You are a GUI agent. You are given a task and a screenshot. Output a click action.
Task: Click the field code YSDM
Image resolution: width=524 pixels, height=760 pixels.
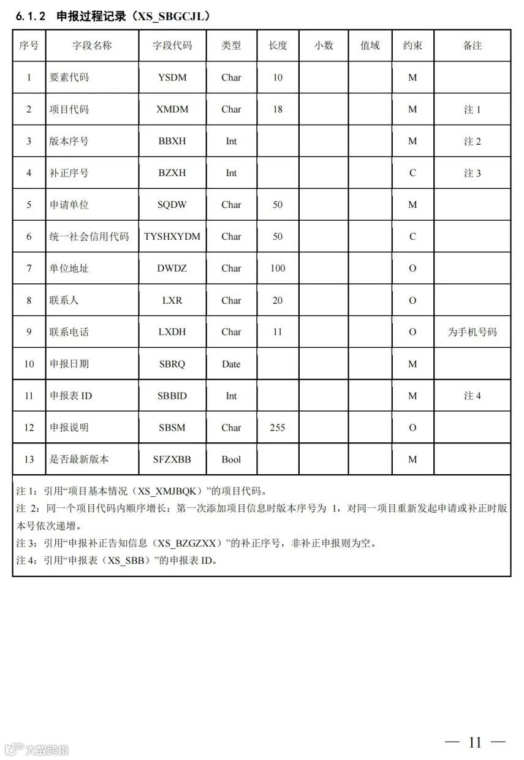coord(172,77)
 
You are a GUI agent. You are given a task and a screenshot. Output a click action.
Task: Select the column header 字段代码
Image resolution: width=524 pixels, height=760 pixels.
coord(172,45)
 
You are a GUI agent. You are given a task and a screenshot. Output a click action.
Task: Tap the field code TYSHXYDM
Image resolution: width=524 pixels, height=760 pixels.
coord(172,237)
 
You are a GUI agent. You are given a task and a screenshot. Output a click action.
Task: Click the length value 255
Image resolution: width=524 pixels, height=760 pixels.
coord(278,428)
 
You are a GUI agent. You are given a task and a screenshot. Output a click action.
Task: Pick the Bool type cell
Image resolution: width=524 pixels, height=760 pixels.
coord(231,459)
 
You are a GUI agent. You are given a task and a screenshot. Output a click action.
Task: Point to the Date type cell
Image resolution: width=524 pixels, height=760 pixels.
coord(231,364)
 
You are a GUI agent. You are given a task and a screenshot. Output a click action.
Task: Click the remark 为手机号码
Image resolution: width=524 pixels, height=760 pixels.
coord(473,332)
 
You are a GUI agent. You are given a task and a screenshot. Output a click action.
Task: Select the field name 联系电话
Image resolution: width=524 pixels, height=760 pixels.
coord(69,332)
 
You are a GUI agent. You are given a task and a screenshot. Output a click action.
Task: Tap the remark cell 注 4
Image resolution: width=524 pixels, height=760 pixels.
coord(473,396)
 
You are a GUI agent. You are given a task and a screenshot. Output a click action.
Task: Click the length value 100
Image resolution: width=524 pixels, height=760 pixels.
coord(278,268)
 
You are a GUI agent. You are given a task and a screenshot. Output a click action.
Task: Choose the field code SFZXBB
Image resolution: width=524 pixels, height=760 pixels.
coord(172,459)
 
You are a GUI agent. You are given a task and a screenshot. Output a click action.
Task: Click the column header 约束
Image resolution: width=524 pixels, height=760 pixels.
coord(412,45)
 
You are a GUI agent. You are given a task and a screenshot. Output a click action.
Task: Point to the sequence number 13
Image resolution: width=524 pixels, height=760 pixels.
coord(29,459)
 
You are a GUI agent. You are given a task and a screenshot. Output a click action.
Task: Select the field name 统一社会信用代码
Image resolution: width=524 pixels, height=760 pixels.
coord(89,237)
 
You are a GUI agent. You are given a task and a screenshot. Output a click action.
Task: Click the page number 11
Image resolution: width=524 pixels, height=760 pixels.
coord(475,742)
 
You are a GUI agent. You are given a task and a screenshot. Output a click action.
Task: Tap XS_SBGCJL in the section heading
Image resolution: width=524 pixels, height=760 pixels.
coord(170,17)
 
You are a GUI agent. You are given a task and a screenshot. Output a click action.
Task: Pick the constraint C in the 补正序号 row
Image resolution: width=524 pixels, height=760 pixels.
coord(412,173)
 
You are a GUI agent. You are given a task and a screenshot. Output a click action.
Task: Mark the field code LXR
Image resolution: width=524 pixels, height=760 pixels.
coord(172,301)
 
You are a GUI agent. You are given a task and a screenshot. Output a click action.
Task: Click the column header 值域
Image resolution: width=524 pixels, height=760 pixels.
coord(370,45)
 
